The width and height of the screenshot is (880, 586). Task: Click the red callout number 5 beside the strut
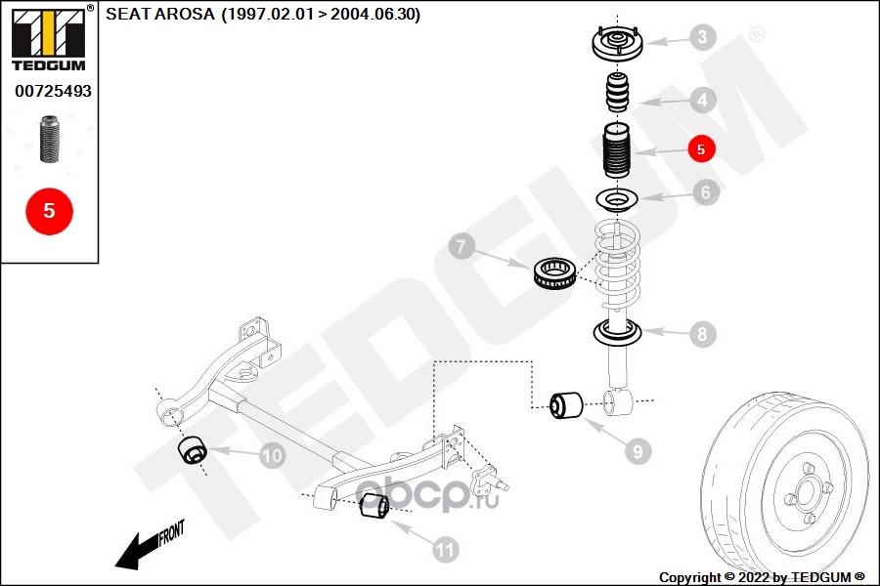pyautogui.click(x=701, y=148)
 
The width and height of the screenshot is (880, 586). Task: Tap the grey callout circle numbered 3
pyautogui.click(x=701, y=39)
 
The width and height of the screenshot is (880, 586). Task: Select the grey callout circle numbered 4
pyautogui.click(x=701, y=99)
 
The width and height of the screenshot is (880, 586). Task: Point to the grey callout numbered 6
pyautogui.click(x=704, y=191)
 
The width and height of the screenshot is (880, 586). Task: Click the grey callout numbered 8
pyautogui.click(x=701, y=334)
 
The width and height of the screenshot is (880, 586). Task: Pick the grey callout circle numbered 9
pyautogui.click(x=637, y=450)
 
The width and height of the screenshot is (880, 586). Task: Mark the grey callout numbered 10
pyautogui.click(x=272, y=455)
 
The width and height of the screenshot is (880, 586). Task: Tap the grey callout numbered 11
pyautogui.click(x=445, y=550)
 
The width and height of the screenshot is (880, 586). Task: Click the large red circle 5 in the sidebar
pyautogui.click(x=49, y=210)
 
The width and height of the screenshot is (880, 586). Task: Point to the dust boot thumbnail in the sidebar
pyautogui.click(x=48, y=141)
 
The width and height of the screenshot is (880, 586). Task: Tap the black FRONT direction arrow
pyautogui.click(x=147, y=547)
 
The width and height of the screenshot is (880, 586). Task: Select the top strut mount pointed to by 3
pyautogui.click(x=616, y=45)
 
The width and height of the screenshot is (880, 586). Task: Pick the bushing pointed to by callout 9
pyautogui.click(x=566, y=403)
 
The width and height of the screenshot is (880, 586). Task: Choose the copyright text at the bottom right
pyautogui.click(x=763, y=577)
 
